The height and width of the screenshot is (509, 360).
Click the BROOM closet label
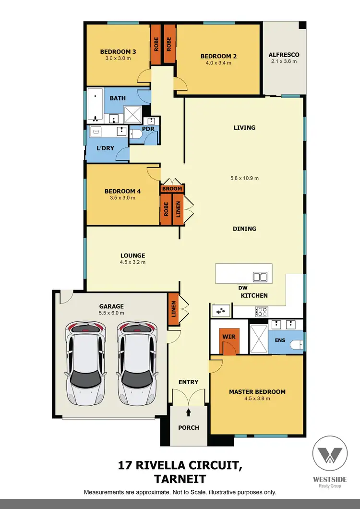point(172,189)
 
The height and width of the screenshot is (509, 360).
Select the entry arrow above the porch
point(188,412)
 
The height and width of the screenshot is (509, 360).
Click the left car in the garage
point(85,357)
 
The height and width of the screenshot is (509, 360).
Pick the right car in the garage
point(137,357)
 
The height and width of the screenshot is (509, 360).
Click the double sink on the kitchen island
point(260,277)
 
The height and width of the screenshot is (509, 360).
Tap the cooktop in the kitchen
point(262,311)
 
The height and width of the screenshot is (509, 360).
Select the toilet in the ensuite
point(298,344)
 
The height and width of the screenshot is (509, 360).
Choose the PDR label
point(148,130)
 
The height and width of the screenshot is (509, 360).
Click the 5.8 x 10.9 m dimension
point(244,178)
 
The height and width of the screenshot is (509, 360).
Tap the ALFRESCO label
point(283,54)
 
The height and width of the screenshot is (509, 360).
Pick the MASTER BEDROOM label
point(257,391)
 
